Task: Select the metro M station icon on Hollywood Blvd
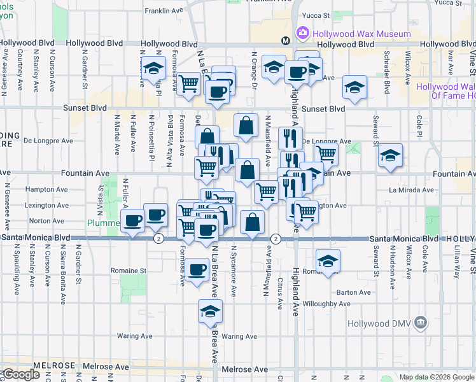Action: coord(286,41)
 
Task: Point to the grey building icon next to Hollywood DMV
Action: coord(419,323)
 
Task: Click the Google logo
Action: coord(20,374)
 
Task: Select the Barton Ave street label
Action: coord(354,293)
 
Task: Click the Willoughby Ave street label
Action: coord(326,304)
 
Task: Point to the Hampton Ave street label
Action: coord(46,190)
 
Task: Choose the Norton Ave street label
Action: coord(51,221)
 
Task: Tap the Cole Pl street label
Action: coord(419,126)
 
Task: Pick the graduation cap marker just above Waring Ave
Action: coord(210,311)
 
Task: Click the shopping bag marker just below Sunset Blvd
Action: coord(246,125)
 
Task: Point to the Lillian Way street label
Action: coord(457,262)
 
